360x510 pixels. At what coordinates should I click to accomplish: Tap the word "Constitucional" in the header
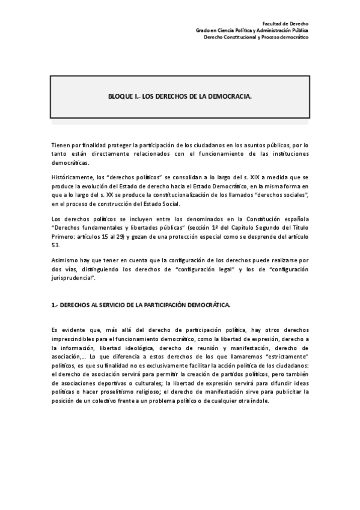(239, 37)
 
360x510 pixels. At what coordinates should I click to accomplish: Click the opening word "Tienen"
(61, 146)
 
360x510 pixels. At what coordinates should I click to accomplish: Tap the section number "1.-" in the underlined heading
(55, 305)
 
